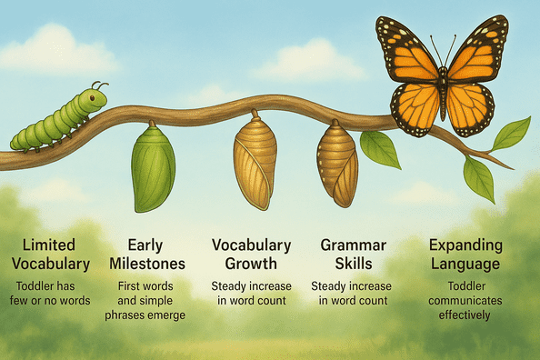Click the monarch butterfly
(x=442, y=76)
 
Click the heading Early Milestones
(x=152, y=255)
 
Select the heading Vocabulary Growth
(x=251, y=255)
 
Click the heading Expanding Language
(x=466, y=255)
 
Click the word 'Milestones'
(x=152, y=265)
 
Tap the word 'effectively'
(x=466, y=316)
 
